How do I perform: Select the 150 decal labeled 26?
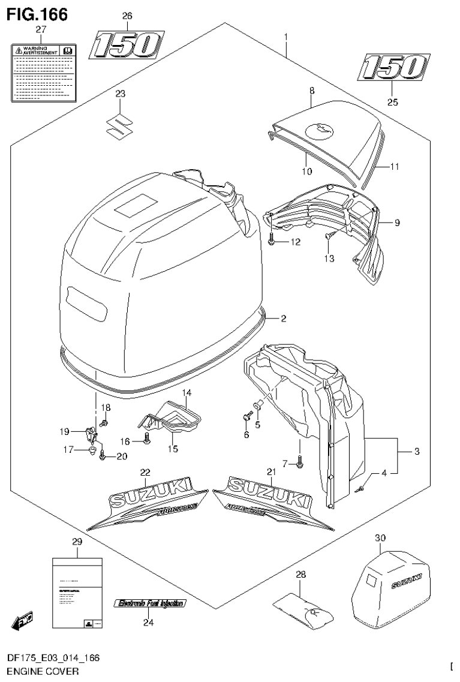point(127,45)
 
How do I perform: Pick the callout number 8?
point(312,91)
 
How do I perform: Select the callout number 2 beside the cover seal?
point(284,319)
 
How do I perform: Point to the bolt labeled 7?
point(300,462)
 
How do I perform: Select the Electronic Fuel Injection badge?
point(151,603)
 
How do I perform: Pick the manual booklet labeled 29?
point(77,594)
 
